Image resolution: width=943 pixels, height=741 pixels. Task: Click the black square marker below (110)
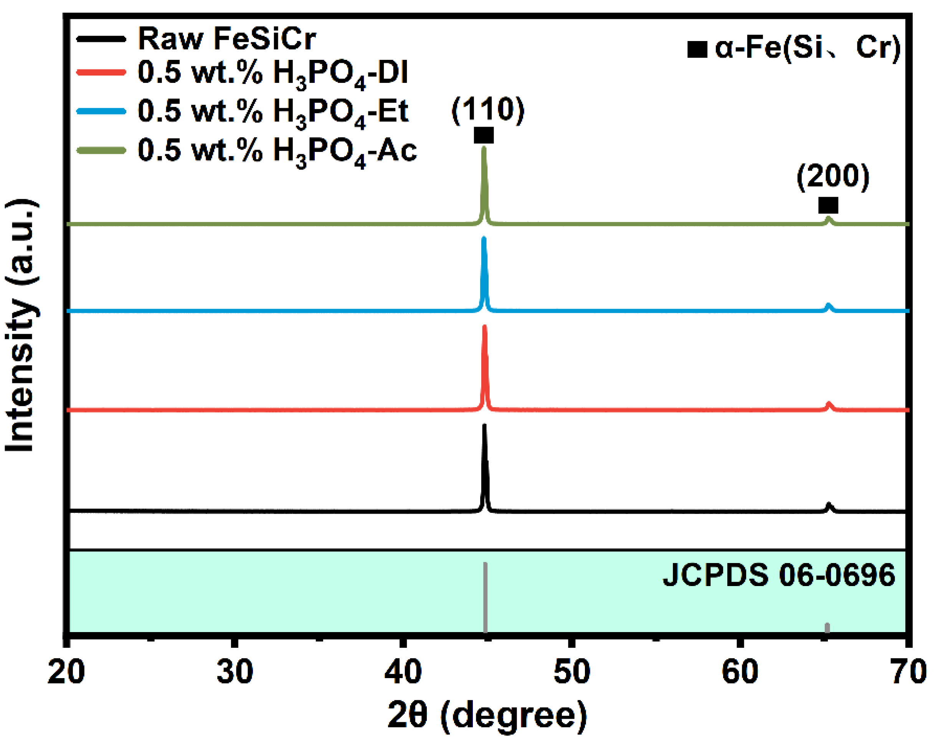tap(484, 135)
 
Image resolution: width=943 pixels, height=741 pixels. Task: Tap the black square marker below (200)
tap(828, 205)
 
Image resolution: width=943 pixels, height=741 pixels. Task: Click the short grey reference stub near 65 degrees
tap(827, 628)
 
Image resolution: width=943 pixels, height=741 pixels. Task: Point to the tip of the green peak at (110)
tap(484, 149)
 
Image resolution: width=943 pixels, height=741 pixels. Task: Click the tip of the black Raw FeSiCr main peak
tap(484, 426)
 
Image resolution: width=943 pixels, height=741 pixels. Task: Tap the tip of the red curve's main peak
tap(484, 327)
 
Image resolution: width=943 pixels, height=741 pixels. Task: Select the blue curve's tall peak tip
tap(484, 239)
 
